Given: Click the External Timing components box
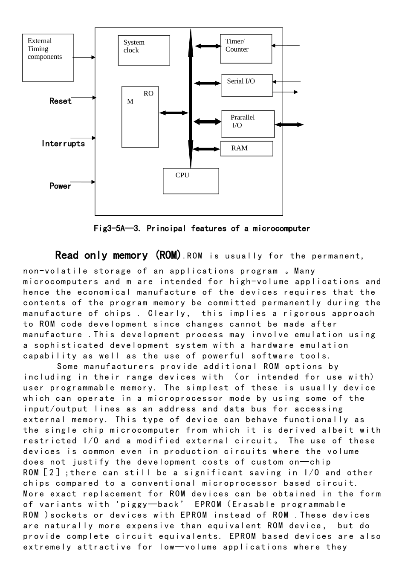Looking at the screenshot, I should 48,58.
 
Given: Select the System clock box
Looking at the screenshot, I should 144,50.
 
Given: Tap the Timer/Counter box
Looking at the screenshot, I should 246,49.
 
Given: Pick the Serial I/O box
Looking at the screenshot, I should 247,85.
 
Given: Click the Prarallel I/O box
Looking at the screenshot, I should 248,124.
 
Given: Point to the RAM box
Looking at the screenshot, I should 246,148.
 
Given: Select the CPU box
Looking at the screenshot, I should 191,181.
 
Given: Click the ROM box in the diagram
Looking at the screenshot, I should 140,117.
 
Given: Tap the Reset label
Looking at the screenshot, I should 61,101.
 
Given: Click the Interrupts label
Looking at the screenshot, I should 63,144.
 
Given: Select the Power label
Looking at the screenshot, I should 61,186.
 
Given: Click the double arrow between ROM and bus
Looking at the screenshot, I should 174,113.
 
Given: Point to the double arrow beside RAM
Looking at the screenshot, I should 206,149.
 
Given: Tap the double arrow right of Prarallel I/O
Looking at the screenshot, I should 289,125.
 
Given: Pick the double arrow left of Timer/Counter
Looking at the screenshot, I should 208,46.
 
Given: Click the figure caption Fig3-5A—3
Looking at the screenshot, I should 202,229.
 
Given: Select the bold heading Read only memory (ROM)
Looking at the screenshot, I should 118,255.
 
